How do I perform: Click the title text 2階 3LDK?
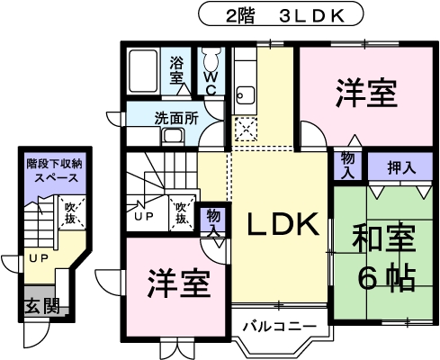(x=284, y=16)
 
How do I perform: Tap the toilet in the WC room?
(x=211, y=59)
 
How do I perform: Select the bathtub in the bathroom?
(x=143, y=71)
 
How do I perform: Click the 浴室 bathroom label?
(x=176, y=70)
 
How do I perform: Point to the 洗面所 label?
(x=176, y=119)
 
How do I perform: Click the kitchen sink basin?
(x=246, y=94)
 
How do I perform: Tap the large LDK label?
(x=283, y=223)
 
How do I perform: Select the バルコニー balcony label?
(x=280, y=326)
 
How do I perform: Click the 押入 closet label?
(x=401, y=167)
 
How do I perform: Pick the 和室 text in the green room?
(x=384, y=238)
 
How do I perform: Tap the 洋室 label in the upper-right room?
(x=366, y=94)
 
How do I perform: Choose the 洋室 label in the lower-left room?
(x=179, y=283)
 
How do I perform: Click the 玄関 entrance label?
(x=42, y=306)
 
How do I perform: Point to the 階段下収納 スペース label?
(x=54, y=171)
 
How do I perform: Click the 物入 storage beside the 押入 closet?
(x=347, y=166)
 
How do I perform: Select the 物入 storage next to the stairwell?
(x=213, y=221)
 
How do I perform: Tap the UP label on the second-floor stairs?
(x=144, y=217)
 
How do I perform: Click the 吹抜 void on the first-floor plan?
(x=70, y=213)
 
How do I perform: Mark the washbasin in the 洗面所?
(x=173, y=137)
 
